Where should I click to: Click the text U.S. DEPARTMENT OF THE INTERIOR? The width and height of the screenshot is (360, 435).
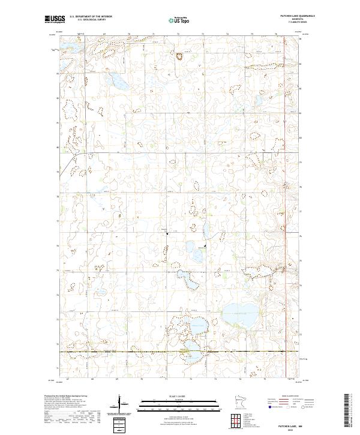coord(91,17)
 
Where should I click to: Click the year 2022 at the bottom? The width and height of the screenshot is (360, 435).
coord(292,430)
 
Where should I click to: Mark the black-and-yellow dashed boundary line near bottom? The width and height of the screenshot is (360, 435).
coord(180,351)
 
